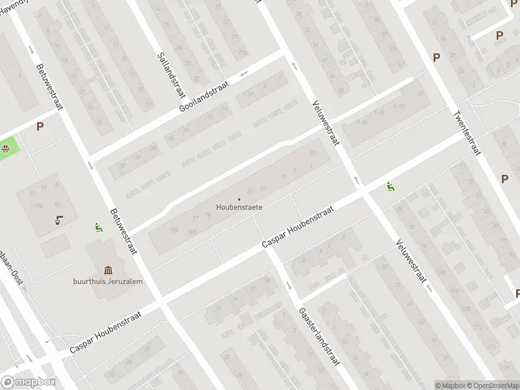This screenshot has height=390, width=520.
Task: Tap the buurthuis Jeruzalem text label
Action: point(108,281)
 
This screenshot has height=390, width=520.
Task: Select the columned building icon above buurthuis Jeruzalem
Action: point(108,270)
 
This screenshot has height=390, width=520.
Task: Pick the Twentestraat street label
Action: point(466,133)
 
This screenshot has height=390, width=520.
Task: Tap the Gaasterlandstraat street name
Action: point(320,336)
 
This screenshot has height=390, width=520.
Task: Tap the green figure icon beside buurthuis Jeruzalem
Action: point(98,227)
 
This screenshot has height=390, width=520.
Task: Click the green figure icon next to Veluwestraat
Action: point(390,187)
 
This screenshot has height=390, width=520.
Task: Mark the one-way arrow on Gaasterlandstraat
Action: point(289,286)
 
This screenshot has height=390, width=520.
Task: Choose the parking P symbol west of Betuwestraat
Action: point(40,127)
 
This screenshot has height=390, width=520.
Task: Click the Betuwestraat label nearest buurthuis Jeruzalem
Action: point(124,231)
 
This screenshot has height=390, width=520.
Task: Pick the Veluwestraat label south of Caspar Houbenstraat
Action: point(410,260)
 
